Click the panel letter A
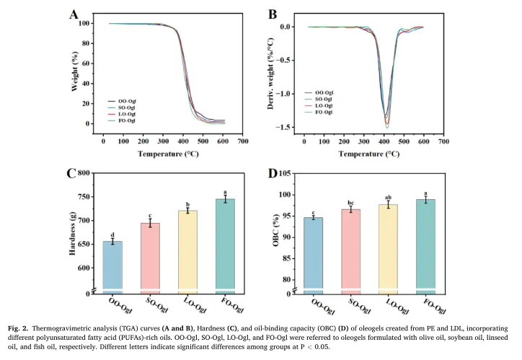pyautogui.click(x=74, y=14)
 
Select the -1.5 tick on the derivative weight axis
pyautogui.click(x=291, y=127)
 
